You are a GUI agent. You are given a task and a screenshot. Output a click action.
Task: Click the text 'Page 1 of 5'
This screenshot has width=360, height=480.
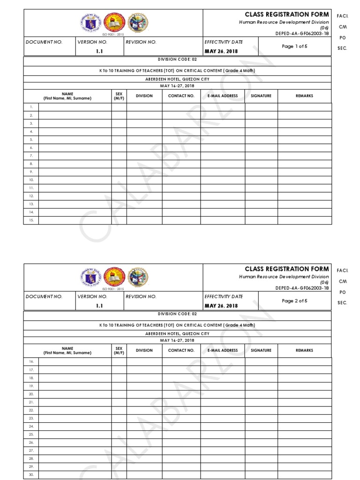294,46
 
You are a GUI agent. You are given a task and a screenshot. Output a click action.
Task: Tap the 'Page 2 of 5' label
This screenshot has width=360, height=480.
294,301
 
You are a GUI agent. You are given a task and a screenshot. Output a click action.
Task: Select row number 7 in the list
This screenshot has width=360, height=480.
31,156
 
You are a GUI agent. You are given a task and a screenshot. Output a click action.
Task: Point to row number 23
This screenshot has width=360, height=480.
31,418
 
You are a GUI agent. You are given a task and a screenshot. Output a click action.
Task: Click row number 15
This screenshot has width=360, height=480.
31,220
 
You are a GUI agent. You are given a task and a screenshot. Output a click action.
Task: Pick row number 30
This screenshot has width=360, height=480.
31,475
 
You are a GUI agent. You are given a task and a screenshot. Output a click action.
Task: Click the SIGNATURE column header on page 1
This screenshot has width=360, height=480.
261,96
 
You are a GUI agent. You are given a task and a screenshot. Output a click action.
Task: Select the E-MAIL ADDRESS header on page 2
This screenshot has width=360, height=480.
223,350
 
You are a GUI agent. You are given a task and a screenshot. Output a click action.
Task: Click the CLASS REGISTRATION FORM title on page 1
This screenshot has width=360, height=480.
286,15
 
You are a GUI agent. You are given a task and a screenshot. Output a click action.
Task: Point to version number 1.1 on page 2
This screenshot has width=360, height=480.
99,306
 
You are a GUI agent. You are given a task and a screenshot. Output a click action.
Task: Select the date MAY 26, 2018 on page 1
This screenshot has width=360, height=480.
221,51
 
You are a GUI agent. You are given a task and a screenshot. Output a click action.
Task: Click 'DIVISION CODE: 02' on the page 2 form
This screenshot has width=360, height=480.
177,314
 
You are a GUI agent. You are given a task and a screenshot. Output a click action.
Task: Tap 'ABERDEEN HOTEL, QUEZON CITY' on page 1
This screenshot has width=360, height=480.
177,79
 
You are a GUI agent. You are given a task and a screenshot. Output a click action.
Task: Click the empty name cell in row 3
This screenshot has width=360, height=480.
75,123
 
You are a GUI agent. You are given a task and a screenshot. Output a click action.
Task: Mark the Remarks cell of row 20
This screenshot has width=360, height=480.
304,394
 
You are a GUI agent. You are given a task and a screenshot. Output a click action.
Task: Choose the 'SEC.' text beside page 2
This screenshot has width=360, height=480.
342,303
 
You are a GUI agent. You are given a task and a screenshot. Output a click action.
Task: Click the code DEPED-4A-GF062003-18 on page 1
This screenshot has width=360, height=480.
302,33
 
